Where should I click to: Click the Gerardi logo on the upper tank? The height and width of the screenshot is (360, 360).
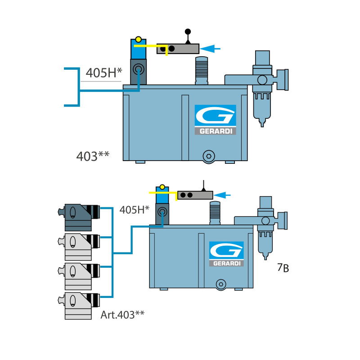coord(215,120)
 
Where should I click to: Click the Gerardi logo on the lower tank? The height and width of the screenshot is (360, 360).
coord(226,254)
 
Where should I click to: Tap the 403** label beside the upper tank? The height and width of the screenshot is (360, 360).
coord(93,156)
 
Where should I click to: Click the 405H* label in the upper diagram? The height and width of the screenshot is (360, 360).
coord(104,73)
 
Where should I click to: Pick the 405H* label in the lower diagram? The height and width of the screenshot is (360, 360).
coord(135,210)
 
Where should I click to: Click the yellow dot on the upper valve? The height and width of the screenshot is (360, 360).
coord(138,39)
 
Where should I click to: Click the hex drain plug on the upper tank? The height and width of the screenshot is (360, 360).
coord(207,156)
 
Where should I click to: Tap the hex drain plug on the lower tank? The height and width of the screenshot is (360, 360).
coord(220,283)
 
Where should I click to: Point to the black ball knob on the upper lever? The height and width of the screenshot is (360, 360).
coord(188,31)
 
